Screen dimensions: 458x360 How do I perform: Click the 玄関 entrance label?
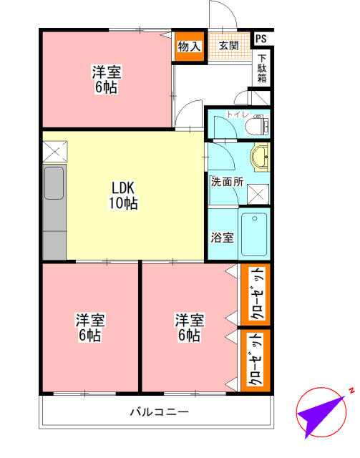tap(228, 47)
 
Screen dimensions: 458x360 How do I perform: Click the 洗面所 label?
tap(226, 181)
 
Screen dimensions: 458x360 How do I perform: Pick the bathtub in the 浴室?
tap(254, 234)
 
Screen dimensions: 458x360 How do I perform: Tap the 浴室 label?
tap(222, 237)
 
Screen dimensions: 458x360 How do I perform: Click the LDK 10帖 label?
tap(124, 195)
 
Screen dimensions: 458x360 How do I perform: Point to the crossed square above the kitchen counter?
tap(54, 151)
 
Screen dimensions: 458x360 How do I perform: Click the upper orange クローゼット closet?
tap(256, 293)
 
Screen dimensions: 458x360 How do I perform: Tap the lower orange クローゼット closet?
tap(255, 360)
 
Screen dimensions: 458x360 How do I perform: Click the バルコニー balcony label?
tap(159, 412)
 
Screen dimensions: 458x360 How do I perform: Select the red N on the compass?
tap(351, 391)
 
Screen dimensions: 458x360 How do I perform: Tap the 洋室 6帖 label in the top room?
tap(106, 79)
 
